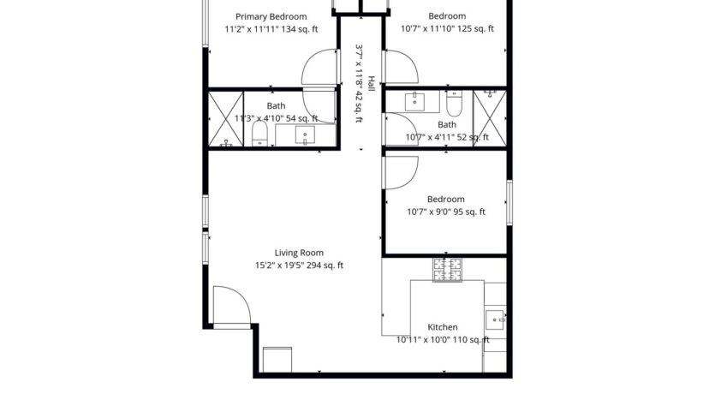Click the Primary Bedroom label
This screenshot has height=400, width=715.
tap(271, 16)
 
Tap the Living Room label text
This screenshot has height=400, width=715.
tap(299, 253)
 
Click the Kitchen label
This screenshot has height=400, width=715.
tap(442, 327)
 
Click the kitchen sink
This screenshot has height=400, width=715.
tap(496, 321)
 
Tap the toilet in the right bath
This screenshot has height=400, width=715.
tap(455, 104)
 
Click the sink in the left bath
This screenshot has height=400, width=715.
tap(305, 134)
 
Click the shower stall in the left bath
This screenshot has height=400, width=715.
tap(226, 119)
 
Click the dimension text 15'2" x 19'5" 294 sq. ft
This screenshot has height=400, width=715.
tap(299, 266)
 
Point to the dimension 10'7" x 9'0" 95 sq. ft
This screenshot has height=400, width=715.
tap(445, 212)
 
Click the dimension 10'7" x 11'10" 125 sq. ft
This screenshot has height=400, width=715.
tap(447, 29)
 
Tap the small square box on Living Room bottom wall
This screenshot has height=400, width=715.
tap(277, 360)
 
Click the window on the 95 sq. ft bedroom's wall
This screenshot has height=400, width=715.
tap(509, 202)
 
